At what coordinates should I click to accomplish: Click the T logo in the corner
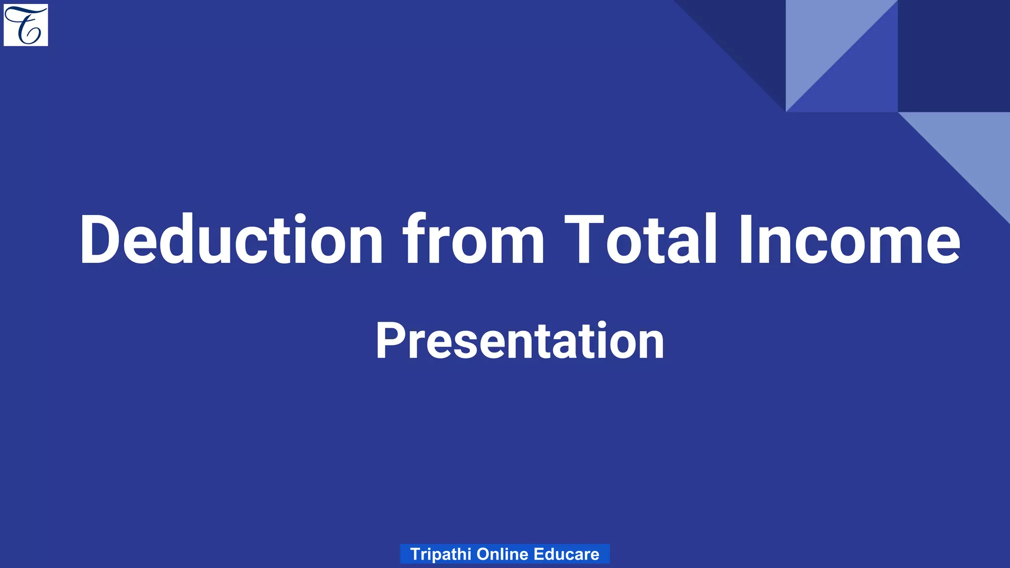coord(26,25)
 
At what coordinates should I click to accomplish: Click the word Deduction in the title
coord(231,241)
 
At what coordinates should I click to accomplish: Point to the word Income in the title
coord(848,241)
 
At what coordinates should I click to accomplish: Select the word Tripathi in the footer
coord(440,554)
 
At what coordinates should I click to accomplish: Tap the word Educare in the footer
coord(566,554)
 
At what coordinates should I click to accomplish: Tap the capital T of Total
coord(584,241)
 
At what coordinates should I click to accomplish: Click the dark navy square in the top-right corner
coord(954,55)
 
